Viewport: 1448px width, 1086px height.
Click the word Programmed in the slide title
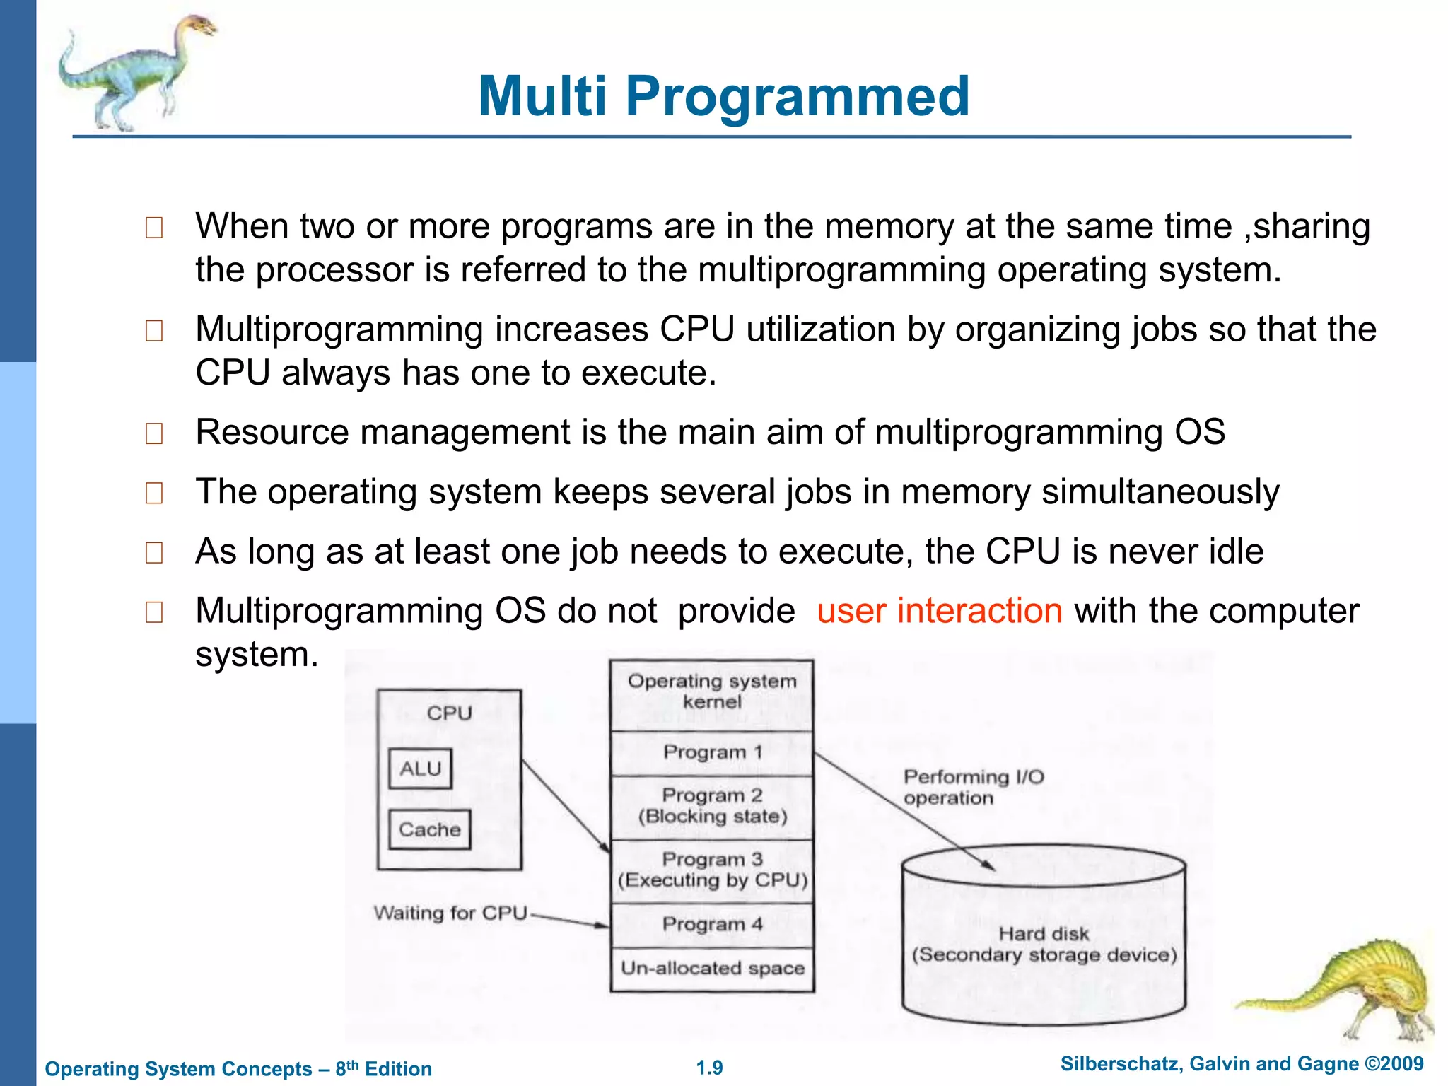tap(797, 97)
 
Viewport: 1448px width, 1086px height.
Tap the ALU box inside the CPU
tap(420, 769)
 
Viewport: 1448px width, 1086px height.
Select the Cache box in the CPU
tap(429, 829)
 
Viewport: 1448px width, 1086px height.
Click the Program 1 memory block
tap(712, 752)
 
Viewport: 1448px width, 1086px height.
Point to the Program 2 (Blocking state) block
tap(712, 806)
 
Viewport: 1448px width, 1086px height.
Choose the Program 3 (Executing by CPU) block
tap(712, 870)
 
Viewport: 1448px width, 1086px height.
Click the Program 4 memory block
tap(712, 924)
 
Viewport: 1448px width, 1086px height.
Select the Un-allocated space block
tap(712, 968)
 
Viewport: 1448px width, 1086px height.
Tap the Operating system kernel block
tap(712, 691)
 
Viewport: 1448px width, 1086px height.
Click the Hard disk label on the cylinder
tap(1044, 934)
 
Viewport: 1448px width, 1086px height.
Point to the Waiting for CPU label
tap(450, 913)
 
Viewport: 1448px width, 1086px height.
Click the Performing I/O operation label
tap(973, 787)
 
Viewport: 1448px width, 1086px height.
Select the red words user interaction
tap(940, 610)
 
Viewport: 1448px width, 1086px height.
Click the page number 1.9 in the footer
tap(709, 1068)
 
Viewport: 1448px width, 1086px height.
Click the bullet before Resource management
tap(153, 433)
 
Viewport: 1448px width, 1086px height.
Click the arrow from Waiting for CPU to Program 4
tap(569, 921)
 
